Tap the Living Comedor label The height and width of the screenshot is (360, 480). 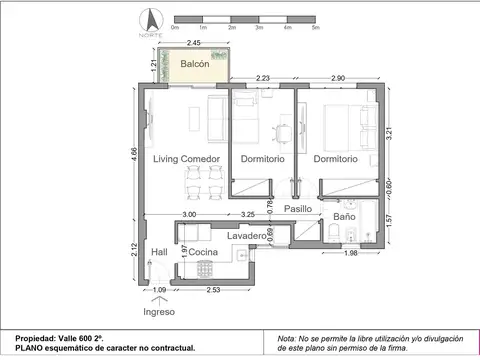(186, 159)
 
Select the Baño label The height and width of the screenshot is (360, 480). (344, 216)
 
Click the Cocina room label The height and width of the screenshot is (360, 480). (204, 253)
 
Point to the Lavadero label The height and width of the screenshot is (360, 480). (245, 235)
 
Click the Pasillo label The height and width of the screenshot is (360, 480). (298, 209)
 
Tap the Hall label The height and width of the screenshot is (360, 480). (158, 253)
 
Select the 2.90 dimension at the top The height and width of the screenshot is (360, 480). (337, 78)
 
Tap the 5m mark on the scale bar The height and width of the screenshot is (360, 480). (316, 27)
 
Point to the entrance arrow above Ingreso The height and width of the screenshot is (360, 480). (157, 295)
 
